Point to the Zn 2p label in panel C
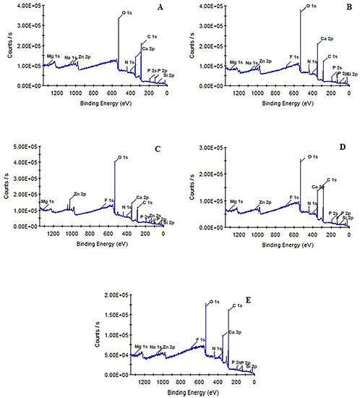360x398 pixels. pyautogui.click(x=80, y=194)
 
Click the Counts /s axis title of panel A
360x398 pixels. pyautogui.click(x=5, y=45)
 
